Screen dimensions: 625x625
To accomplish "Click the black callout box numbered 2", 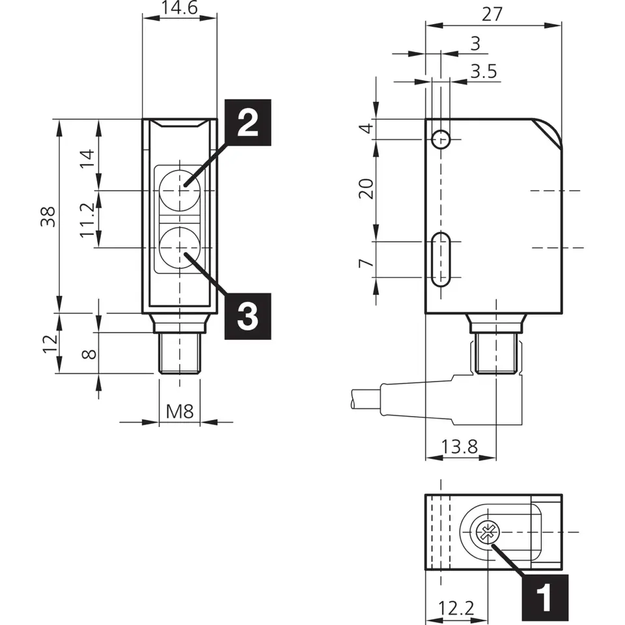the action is point(246,122).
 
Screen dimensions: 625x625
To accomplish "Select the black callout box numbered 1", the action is point(545,596).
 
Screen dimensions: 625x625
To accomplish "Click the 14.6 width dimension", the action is point(179,8).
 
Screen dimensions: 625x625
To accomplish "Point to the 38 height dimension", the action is point(46,215).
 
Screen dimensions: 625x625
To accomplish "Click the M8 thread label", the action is point(179,411).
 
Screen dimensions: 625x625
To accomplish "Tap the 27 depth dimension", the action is point(492,14).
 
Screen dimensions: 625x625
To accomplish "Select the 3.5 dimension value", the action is point(483,71).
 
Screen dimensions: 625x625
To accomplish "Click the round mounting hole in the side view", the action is point(441,139).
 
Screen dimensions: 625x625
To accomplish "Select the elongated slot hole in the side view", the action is point(441,259).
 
